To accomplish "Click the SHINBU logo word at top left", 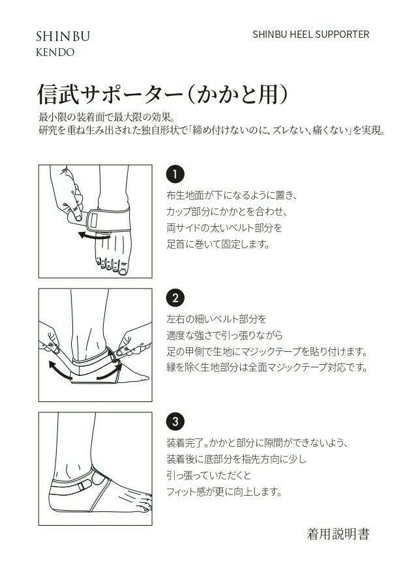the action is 63,36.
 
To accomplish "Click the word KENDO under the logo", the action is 55,52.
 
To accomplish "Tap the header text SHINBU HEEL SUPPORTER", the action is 310,35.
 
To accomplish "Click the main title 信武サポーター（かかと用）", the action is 162,95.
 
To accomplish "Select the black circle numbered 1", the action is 175,175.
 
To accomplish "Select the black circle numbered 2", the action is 175,298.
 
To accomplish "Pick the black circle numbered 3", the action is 175,421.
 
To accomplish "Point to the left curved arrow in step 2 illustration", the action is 59,370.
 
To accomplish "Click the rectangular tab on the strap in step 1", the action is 95,220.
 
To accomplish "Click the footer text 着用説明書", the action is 338,534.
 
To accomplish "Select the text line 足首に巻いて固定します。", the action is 218,244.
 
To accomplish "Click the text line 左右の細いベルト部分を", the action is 217,319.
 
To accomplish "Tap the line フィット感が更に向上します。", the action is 224,492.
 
